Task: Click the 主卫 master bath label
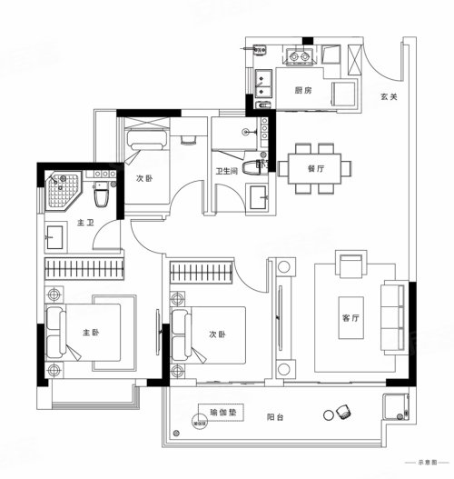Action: [86, 223]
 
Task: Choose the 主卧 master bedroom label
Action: [93, 334]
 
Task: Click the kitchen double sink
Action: [265, 84]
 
